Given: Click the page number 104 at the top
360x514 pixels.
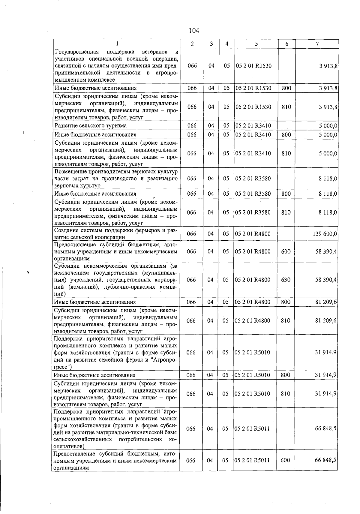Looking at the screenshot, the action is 194,31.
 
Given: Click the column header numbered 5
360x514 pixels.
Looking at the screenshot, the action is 256,44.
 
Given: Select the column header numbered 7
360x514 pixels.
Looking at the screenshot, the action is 317,44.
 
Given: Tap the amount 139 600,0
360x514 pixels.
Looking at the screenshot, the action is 325,234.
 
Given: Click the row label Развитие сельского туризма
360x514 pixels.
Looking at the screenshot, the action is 90,126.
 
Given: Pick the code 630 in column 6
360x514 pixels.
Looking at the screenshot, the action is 286,280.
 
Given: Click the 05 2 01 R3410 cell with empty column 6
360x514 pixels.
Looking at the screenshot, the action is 253,126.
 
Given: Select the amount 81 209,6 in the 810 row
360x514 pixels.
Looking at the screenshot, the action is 326,320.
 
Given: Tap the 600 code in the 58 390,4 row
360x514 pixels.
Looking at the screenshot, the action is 286,251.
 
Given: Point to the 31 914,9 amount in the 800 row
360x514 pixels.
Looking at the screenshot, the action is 326,375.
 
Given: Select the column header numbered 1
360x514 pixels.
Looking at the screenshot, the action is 117,44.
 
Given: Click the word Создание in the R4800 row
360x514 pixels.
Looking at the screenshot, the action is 65,230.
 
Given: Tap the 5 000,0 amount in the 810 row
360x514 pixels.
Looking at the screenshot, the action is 328,153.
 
